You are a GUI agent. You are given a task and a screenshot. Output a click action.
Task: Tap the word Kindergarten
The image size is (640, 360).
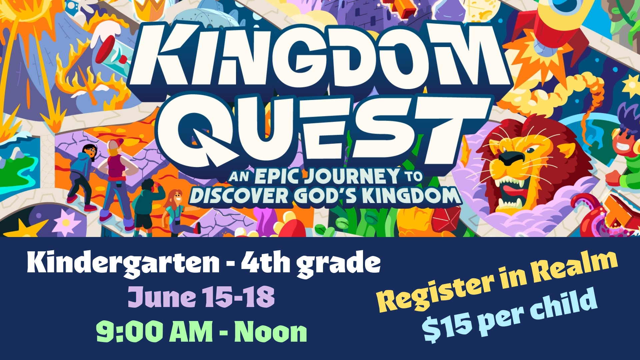(x=123, y=263)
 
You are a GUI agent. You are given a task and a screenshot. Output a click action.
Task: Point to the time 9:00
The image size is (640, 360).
(x=130, y=332)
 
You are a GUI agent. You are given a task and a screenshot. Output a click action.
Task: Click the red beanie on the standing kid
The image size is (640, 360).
(x=115, y=144)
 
